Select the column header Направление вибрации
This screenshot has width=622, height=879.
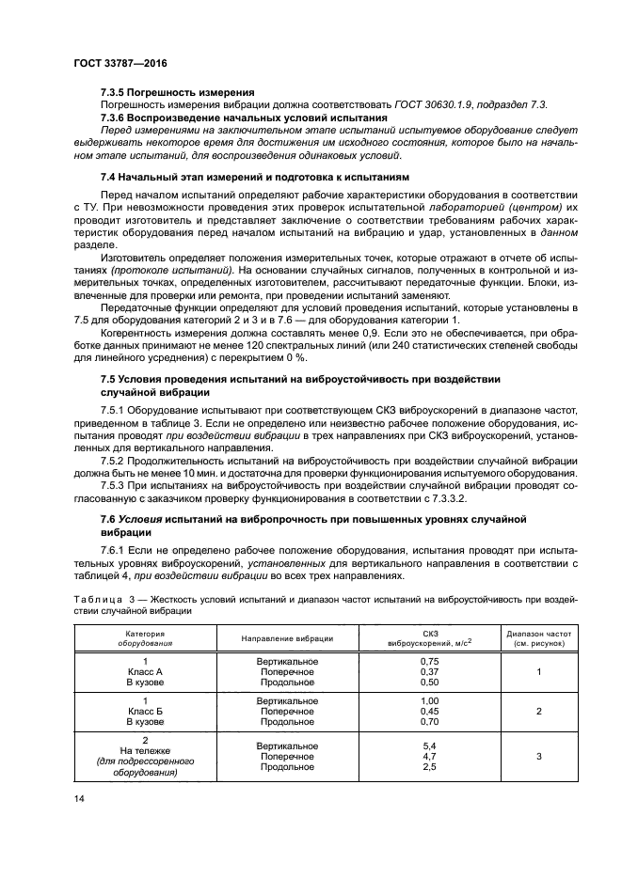(287, 638)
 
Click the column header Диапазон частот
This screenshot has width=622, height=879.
(538, 634)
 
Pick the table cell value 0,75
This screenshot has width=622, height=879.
(429, 662)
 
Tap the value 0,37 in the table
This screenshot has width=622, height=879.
(429, 673)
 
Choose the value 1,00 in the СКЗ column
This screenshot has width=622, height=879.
(429, 701)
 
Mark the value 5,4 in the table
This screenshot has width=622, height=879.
(429, 746)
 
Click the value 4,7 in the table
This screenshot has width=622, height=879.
(429, 757)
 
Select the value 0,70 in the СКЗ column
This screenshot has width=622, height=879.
(429, 723)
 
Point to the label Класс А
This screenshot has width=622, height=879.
(145, 673)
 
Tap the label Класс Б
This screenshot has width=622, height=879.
(145, 713)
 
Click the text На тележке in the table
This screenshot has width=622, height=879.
(145, 751)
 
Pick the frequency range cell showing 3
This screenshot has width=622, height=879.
(538, 757)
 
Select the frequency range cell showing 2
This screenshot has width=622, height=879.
(538, 713)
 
